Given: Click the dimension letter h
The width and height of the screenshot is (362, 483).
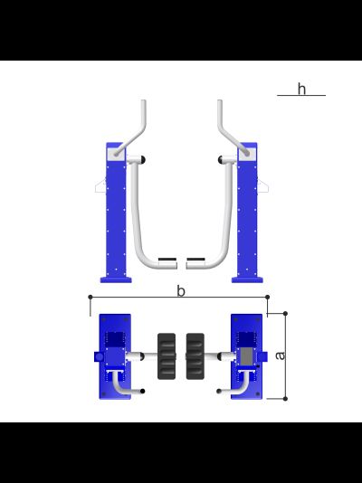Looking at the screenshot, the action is (x=302, y=89).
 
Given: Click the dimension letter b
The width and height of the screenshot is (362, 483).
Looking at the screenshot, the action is (x=181, y=291).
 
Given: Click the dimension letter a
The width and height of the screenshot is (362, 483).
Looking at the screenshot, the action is (x=280, y=355).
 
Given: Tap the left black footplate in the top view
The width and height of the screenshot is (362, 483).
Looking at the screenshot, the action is (x=167, y=356).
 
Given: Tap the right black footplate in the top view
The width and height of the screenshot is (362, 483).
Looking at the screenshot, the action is (x=195, y=356).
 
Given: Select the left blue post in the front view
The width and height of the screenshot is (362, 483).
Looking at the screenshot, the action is (x=116, y=213).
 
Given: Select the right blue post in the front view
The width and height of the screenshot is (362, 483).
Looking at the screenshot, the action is (x=247, y=213).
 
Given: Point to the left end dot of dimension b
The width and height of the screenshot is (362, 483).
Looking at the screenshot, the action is (x=90, y=297).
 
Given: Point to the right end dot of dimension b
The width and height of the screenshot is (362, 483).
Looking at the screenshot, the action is (x=267, y=297).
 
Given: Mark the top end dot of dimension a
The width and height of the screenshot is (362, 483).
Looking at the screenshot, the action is (x=285, y=314).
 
